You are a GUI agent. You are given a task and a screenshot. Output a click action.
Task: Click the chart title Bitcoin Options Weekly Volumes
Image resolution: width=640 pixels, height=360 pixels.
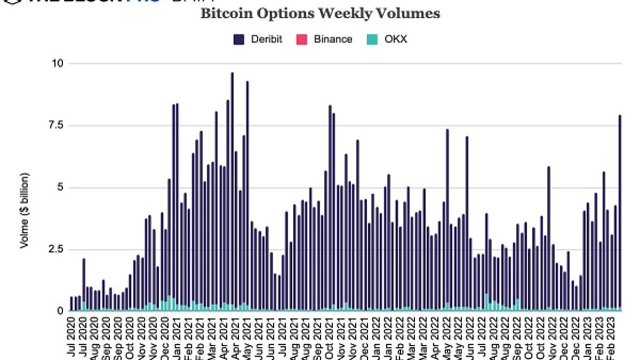[x=320, y=13]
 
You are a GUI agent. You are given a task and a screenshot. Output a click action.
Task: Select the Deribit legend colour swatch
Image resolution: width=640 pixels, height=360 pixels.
[x=238, y=39]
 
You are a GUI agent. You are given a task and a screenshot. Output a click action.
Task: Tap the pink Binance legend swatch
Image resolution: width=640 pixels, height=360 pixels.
[x=301, y=39]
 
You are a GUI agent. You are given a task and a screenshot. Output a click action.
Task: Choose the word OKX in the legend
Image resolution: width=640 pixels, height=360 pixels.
[x=396, y=39]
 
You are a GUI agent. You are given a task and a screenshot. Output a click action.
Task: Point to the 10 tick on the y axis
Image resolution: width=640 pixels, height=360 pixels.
[x=57, y=63]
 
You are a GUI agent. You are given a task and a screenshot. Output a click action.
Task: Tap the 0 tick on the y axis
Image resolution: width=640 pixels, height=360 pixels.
[x=60, y=311]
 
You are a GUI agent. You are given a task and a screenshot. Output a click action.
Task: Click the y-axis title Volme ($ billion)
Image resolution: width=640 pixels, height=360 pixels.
[x=25, y=211]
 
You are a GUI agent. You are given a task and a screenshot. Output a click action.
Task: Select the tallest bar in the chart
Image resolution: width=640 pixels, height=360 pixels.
[x=232, y=192]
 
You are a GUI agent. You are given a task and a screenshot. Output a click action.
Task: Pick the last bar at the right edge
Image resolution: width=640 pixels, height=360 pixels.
[x=620, y=213]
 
